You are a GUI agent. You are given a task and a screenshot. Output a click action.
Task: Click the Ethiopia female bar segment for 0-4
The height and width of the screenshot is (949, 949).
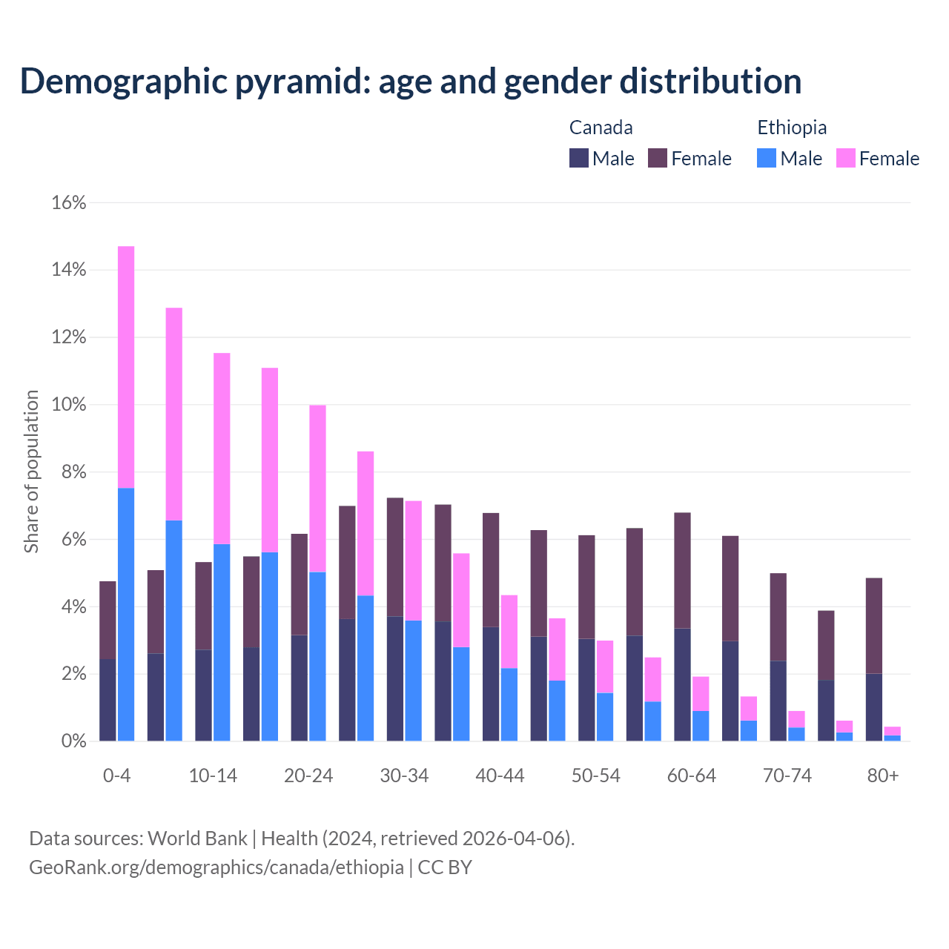126,367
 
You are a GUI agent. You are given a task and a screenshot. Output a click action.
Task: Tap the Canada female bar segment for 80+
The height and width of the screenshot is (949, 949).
874,626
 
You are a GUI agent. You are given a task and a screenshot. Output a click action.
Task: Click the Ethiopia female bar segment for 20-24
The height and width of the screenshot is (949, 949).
317,489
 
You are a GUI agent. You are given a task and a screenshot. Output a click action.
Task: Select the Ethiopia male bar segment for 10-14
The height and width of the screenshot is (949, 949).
222,642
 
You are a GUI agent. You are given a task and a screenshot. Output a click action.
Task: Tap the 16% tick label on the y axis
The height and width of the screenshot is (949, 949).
69,203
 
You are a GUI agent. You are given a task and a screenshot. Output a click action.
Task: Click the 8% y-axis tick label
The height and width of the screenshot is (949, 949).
73,473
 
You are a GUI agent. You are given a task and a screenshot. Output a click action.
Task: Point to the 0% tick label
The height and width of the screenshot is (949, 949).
73,741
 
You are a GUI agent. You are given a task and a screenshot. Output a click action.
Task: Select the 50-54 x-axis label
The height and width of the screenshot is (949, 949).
595,776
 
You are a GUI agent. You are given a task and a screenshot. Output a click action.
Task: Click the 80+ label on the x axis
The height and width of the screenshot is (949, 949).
883,776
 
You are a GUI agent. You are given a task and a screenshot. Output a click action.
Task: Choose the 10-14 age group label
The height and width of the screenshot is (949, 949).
213,776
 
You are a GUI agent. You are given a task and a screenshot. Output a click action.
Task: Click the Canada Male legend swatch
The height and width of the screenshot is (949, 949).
579,158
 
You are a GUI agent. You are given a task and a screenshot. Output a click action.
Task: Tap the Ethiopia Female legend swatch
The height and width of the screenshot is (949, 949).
846,158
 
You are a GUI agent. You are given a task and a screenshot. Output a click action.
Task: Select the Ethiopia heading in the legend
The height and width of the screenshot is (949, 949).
792,128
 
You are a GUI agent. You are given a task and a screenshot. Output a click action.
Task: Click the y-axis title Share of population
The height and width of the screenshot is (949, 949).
31,472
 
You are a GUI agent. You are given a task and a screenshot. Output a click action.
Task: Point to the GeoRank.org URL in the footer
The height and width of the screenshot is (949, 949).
216,867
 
